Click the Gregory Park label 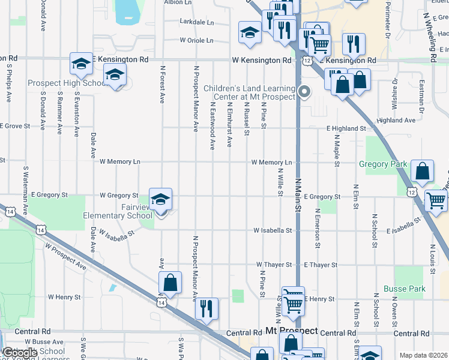pos(383,164)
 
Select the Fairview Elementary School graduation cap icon pos(160,199)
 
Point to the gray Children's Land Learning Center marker pos(304,92)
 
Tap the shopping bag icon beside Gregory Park pos(423,171)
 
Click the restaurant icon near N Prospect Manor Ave pos(206,309)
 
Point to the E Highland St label pos(346,128)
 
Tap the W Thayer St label pos(274,265)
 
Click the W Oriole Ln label pos(197,41)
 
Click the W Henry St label pos(65,297)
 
